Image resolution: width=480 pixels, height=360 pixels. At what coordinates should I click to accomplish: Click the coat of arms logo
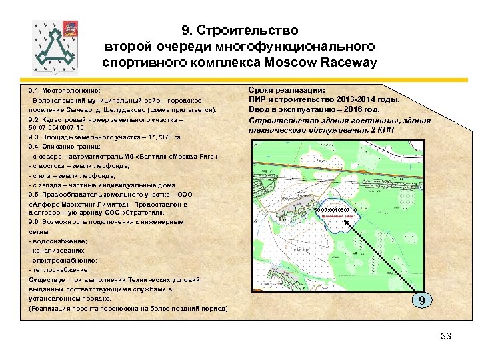[x=57, y=45]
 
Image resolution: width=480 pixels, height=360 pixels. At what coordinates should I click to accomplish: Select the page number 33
[x=446, y=337]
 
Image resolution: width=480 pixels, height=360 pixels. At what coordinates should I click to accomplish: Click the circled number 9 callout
[x=421, y=301]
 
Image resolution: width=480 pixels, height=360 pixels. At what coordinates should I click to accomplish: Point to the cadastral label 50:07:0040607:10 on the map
[x=336, y=210]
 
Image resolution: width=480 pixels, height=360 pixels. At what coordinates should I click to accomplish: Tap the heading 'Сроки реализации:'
[x=287, y=90]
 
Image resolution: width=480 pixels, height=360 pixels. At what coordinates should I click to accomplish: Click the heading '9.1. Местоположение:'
[x=64, y=90]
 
